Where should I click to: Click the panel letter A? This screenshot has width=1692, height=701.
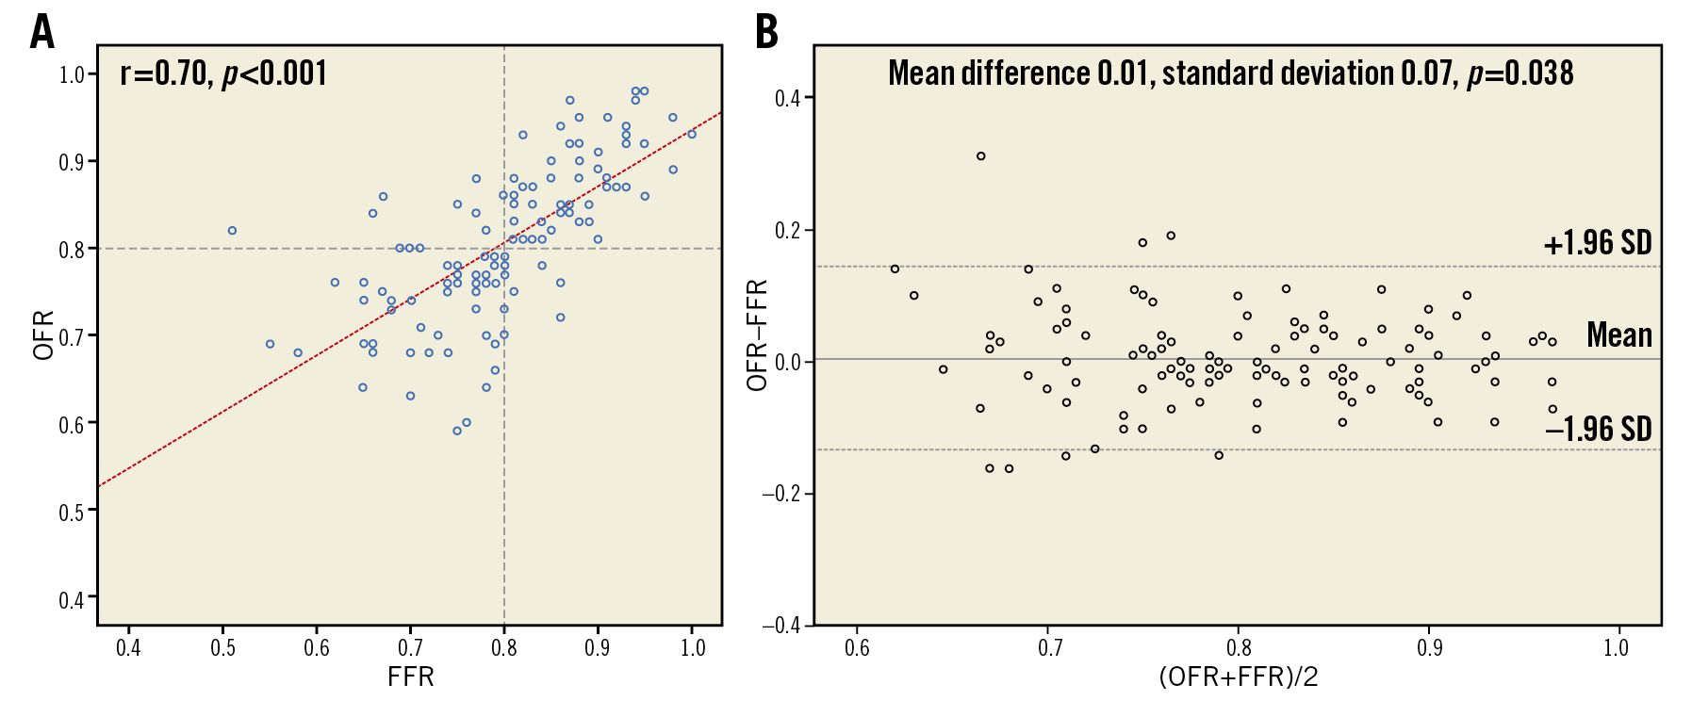click(x=41, y=32)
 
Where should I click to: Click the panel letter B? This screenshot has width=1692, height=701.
click(x=767, y=32)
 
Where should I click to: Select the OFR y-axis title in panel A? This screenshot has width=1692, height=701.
click(x=44, y=336)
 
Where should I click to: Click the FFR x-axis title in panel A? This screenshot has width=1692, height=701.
click(x=411, y=677)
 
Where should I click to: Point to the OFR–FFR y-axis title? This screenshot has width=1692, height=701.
click(x=758, y=335)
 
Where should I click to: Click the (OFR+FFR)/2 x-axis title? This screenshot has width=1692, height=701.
click(x=1238, y=677)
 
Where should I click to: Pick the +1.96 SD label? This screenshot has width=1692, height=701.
click(x=1597, y=243)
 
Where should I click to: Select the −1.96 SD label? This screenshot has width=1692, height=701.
click(x=1598, y=430)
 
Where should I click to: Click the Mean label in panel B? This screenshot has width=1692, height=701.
click(x=1618, y=334)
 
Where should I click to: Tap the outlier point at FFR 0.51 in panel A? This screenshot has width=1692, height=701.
click(x=232, y=231)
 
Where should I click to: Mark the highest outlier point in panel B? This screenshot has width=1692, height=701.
click(x=981, y=156)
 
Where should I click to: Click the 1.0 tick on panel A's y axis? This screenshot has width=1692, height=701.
click(x=72, y=74)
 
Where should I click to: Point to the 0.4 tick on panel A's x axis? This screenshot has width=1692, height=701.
click(x=128, y=648)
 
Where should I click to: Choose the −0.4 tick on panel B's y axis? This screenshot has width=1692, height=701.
click(x=782, y=625)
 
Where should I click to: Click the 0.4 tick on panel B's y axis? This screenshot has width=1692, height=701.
click(x=788, y=98)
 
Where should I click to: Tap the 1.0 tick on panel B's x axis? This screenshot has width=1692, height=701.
click(x=1616, y=648)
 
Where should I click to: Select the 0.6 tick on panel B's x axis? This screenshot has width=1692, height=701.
click(x=857, y=648)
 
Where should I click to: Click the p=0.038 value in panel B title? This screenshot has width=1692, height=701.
click(x=1520, y=73)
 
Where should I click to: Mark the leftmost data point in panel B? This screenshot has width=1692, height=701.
click(x=895, y=269)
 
